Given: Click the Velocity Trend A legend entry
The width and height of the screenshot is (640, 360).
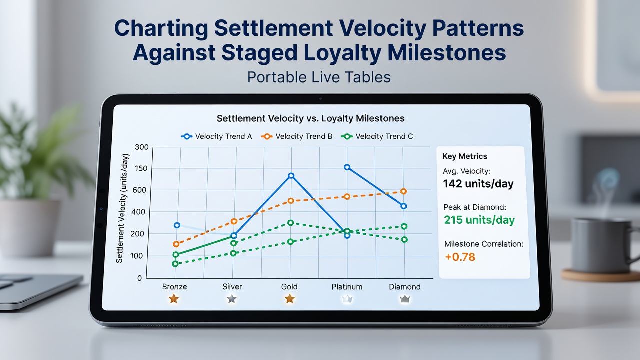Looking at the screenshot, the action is point(216,136).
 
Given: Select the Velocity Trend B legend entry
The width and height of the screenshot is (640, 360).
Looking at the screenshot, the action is point(297,136).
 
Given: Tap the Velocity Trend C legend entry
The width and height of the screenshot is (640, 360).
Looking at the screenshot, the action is point(377,136).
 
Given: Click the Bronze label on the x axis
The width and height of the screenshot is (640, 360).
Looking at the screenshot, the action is point(175,287).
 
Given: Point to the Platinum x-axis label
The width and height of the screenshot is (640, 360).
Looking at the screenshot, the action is point(347,287).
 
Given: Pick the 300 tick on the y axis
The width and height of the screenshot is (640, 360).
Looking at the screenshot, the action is point(142,147).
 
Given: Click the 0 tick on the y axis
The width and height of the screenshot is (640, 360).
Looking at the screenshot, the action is point(139,278).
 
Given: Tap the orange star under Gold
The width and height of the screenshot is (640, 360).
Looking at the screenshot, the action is point(289,299).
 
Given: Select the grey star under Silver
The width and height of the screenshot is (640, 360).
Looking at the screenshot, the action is point(231,299).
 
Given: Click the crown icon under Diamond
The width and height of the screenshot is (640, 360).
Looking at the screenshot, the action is point(405,299).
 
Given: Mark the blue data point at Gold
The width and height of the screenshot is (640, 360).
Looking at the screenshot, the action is point(291,176).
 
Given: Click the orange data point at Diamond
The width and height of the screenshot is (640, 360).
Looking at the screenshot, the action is point(403,191).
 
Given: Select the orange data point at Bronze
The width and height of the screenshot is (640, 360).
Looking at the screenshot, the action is point(176,244).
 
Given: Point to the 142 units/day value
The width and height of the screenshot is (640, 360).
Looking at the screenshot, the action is point(478,183).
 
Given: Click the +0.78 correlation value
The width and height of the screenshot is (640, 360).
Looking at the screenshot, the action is point(460,257).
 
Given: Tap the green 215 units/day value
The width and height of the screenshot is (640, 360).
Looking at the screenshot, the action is point(479,220).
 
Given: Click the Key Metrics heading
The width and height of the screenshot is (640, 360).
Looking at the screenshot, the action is point(465,156).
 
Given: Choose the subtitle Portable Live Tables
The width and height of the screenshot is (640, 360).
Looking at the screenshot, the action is point(319,77).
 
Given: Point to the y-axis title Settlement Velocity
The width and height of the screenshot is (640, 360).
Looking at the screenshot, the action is point(123,208).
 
